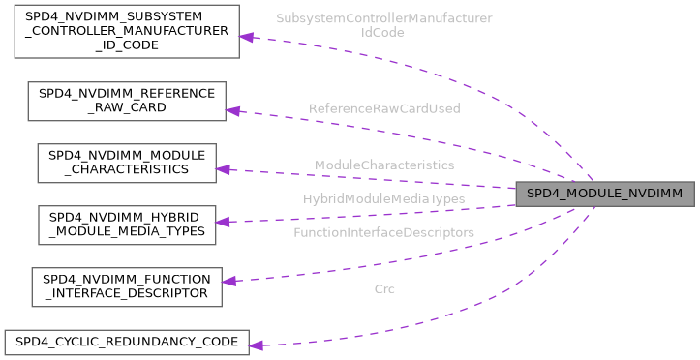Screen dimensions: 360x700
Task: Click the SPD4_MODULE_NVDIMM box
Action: (x=604, y=195)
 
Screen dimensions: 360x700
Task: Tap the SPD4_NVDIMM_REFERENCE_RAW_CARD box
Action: (x=127, y=101)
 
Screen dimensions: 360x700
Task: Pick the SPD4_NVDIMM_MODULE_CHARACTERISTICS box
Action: (x=126, y=163)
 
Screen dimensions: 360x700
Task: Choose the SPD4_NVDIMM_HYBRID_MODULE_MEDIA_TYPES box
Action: (x=126, y=224)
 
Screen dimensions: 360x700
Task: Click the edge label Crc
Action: (x=384, y=288)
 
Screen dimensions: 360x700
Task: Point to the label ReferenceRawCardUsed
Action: (x=384, y=108)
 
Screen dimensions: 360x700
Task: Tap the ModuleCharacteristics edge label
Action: (x=384, y=165)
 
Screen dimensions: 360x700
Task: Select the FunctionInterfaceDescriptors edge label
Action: (x=384, y=233)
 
